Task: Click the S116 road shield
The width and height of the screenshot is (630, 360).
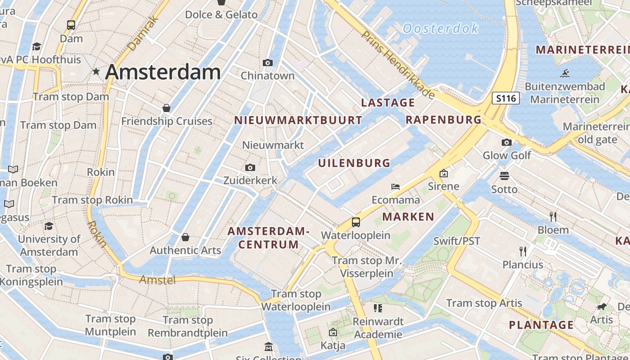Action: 506,98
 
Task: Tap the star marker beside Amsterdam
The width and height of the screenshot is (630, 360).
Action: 96,72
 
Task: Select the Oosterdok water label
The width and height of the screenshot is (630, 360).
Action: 441,29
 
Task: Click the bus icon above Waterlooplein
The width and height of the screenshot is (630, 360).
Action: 356,222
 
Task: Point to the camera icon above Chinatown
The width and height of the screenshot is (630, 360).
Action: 268,63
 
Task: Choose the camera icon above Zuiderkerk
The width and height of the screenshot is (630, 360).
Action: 250,168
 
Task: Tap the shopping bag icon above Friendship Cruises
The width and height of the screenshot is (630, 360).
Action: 166,108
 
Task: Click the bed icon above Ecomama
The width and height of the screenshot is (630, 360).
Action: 396,187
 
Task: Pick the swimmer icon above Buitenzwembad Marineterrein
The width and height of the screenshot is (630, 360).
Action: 565,73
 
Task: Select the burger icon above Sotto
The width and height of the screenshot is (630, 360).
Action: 504,175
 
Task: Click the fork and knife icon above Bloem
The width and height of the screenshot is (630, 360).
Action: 553,217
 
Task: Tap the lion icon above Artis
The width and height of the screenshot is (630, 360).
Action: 602,307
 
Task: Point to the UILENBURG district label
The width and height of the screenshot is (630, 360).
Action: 354,163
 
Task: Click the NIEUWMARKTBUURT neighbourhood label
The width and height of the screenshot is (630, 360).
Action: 298,120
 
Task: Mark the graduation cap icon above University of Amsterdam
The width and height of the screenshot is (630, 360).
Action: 49,226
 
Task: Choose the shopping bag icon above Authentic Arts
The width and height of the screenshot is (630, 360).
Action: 185,237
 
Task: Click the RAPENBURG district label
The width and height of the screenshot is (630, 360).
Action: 443,120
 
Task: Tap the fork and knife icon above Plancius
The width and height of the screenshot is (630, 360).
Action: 523,251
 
